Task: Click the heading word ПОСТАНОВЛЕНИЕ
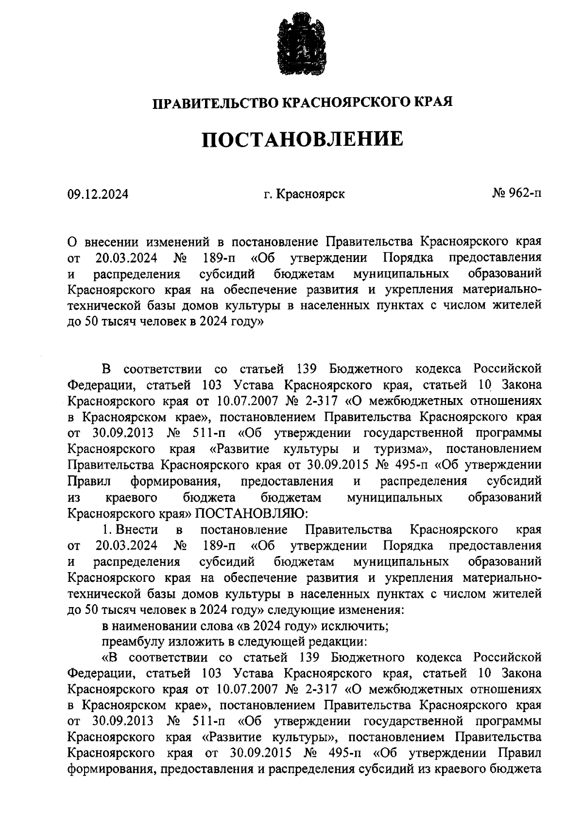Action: pyautogui.click(x=302, y=139)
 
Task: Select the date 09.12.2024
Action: pyautogui.click(x=98, y=194)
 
